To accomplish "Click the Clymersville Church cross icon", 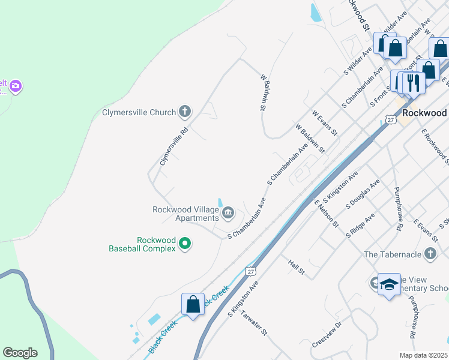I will (x=185, y=112).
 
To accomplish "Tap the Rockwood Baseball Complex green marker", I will (x=185, y=243).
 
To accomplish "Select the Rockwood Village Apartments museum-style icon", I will (x=228, y=212).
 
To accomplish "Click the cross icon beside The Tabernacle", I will (x=430, y=254).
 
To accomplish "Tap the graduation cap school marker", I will (x=389, y=284).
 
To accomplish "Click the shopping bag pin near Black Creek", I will (x=193, y=304).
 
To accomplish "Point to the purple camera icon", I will (x=16, y=86).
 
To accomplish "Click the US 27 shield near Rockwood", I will (x=391, y=120).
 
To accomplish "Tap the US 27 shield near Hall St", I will (x=251, y=271).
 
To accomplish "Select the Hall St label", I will (x=297, y=268).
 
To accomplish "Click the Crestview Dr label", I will (x=327, y=335).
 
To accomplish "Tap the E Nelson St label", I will (x=327, y=213).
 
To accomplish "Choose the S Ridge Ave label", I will (x=360, y=225).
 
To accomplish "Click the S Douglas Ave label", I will (x=363, y=194).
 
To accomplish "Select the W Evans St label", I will (x=325, y=122).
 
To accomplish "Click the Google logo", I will (x=20, y=353).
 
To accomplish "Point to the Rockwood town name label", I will (x=424, y=113).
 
